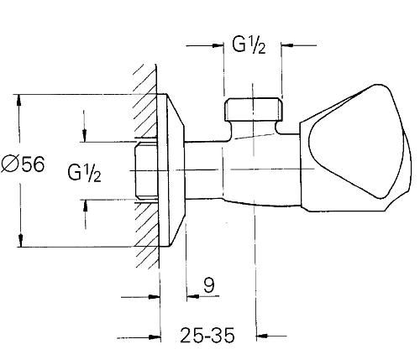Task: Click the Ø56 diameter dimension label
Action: (x=23, y=164)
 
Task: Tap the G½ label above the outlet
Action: (x=249, y=44)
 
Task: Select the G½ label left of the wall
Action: (x=84, y=173)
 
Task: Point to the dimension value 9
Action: (x=209, y=285)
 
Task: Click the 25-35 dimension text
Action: (x=207, y=335)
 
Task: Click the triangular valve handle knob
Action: (x=356, y=148)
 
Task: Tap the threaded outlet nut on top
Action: (x=254, y=109)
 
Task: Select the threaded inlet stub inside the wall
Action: (x=145, y=170)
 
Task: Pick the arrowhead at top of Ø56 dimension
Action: (x=18, y=101)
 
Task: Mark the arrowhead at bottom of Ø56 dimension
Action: (x=20, y=241)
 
